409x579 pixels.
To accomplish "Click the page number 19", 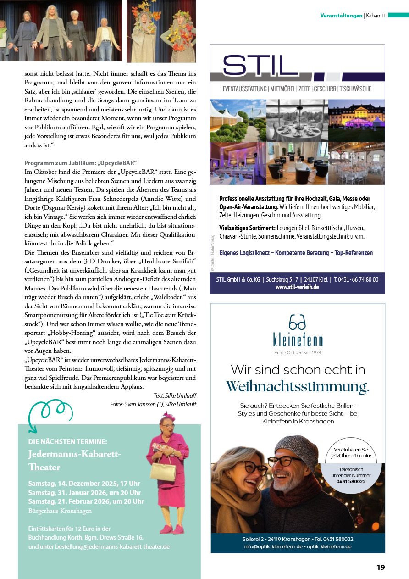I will click(x=381, y=567).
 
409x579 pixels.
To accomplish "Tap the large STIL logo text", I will click(x=260, y=66).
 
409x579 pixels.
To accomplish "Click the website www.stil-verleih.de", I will click(x=297, y=287).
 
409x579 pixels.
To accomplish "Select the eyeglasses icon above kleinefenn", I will click(x=298, y=323).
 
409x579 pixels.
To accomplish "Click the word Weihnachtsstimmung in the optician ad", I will click(x=298, y=387).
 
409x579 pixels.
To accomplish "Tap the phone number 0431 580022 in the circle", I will click(x=351, y=481).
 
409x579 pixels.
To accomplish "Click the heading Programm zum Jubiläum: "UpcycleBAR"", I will click(x=81, y=163).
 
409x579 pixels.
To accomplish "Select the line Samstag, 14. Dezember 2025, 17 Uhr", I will click(x=84, y=483).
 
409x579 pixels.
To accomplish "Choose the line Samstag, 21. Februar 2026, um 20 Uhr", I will click(x=86, y=501).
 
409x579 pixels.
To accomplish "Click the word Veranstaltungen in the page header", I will click(x=341, y=16).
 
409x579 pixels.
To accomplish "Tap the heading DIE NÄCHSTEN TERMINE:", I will click(x=67, y=441).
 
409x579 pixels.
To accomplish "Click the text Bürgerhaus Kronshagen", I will click(x=60, y=511).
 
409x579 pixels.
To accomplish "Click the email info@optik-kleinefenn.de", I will click(x=273, y=546).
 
